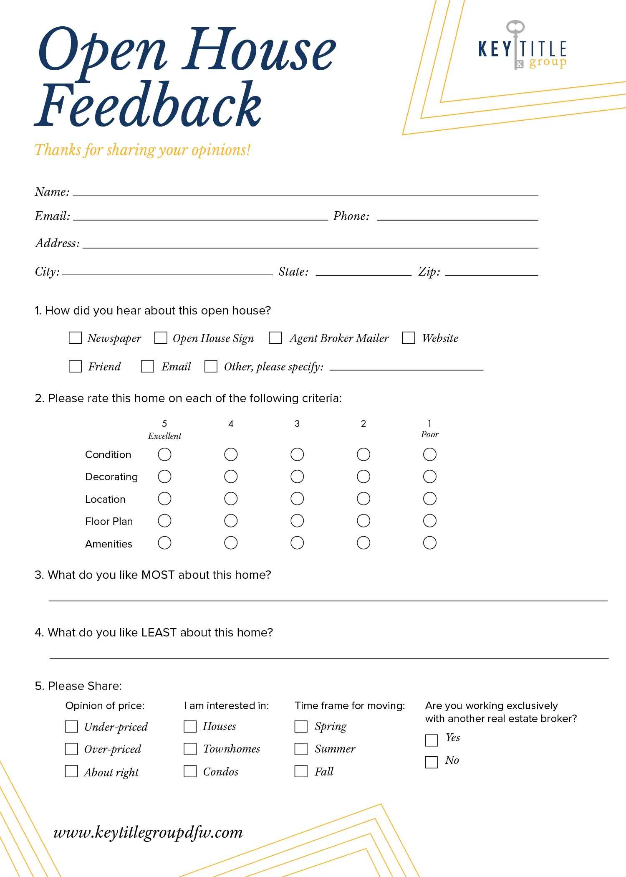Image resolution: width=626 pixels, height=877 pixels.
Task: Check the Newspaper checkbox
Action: click(x=75, y=338)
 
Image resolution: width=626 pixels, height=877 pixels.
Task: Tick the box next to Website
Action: click(x=408, y=338)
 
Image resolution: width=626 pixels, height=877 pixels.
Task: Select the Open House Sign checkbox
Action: click(x=161, y=338)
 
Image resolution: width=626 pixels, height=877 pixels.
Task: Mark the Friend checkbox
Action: click(x=75, y=366)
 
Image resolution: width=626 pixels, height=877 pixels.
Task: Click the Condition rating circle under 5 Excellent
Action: click(x=164, y=454)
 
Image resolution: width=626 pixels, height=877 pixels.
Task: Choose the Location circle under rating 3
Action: click(x=297, y=499)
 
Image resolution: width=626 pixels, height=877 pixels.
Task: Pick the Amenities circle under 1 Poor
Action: click(x=429, y=543)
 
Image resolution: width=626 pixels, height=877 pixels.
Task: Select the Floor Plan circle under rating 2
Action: click(x=363, y=521)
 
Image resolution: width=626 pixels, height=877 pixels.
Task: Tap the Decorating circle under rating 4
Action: click(x=231, y=477)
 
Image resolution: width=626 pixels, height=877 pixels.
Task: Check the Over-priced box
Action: click(x=71, y=749)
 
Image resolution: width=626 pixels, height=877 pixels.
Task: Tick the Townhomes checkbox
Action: click(x=190, y=749)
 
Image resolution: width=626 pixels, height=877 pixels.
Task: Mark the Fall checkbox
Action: click(x=301, y=771)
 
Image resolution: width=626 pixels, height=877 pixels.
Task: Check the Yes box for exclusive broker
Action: click(x=432, y=740)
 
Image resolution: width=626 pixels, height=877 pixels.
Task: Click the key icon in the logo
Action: click(x=516, y=42)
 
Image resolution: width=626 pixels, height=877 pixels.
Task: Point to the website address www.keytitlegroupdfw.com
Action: click(x=148, y=832)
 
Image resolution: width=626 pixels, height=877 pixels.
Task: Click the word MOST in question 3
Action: click(x=158, y=575)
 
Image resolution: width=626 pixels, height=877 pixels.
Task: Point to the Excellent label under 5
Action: click(x=164, y=436)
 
